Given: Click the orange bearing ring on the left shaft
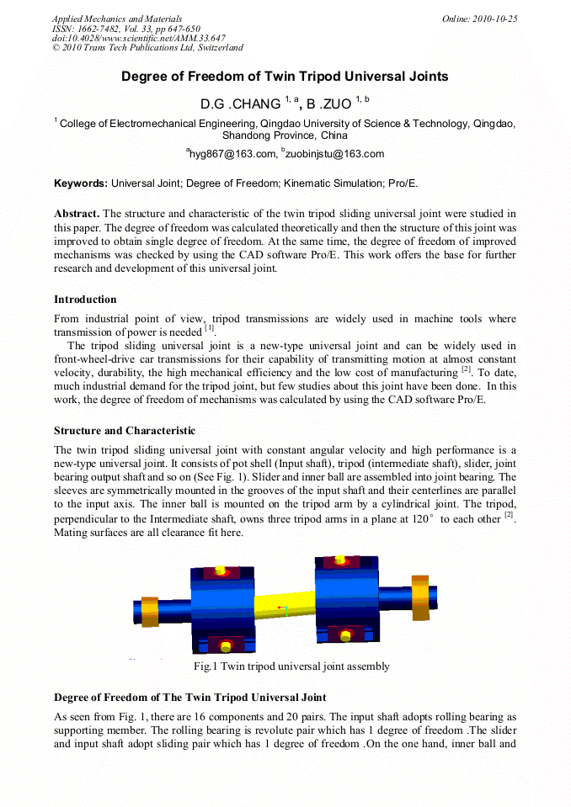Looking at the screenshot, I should click(x=150, y=611).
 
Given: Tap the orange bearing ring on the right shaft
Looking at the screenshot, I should click(x=420, y=600).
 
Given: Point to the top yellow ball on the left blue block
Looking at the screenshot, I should click(x=221, y=571).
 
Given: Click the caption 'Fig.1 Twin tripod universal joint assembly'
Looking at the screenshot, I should click(x=291, y=666).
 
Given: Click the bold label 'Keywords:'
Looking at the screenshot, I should click(x=81, y=183).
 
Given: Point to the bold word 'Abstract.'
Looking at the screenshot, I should click(x=77, y=214).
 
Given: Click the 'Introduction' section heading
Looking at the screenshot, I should click(x=85, y=300).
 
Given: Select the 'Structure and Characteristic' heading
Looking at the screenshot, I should click(x=124, y=431).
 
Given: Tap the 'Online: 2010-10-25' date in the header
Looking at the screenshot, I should click(x=479, y=19).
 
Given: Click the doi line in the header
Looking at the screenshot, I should click(x=138, y=38).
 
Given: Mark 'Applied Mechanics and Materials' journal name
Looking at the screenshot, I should click(x=117, y=19).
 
